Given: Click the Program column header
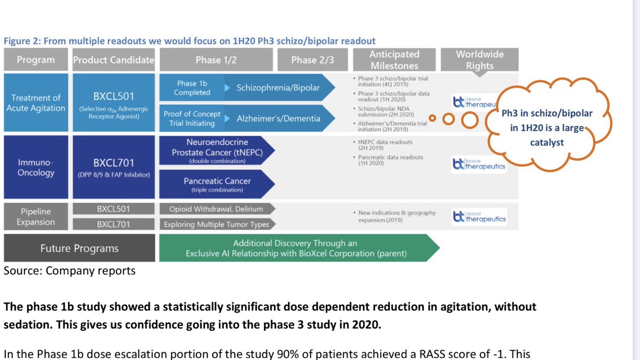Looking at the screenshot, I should [36, 60].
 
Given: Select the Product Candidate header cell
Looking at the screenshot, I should [114, 60].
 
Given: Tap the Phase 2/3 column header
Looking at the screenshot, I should [313, 60].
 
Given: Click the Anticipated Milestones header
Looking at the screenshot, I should [394, 60].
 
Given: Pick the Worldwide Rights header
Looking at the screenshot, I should [479, 60].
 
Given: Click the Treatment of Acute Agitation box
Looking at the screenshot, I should [36, 102].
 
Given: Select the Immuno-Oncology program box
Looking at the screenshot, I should [36, 167].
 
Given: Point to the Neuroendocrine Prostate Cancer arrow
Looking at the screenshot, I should [217, 152].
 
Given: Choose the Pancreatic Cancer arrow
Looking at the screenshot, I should [217, 185].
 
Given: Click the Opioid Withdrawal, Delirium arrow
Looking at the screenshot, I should [215, 209].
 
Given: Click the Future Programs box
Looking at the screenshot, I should [79, 248].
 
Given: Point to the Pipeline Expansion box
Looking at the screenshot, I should [36, 216].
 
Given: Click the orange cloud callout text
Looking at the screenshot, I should [547, 128].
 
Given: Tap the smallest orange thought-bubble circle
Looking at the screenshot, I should [433, 118].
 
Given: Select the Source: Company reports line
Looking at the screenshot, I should [69, 271].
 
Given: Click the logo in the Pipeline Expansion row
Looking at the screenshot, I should [478, 217].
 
